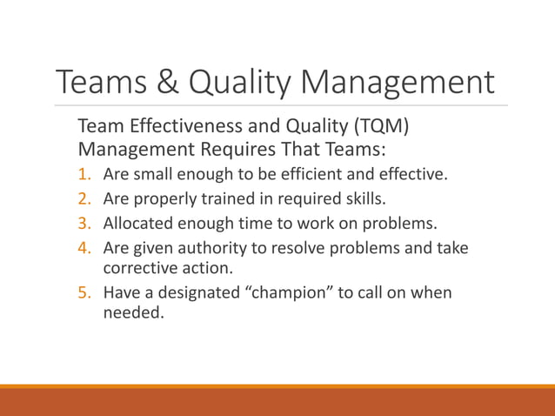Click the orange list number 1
pyautogui.click(x=86, y=174)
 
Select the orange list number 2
pyautogui.click(x=86, y=199)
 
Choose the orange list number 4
pyautogui.click(x=86, y=249)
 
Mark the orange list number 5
pyautogui.click(x=86, y=292)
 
